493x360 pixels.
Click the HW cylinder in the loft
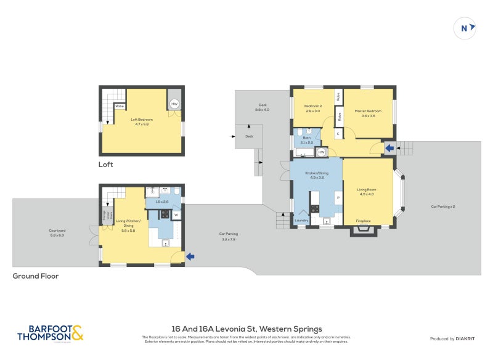[x=174, y=104]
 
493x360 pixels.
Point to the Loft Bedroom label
[x=141, y=121]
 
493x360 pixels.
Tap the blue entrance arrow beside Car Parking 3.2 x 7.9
[x=191, y=256]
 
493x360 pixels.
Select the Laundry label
[x=301, y=220]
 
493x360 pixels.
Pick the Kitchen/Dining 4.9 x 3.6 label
[x=317, y=175]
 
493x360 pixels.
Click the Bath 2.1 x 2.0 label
[x=306, y=140]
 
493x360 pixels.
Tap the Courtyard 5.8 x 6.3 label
[x=58, y=233]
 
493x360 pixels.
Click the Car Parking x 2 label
[x=442, y=207]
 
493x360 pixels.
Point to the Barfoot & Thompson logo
[x=50, y=333]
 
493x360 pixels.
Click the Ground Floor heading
[x=36, y=276]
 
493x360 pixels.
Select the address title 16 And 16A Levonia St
[x=246, y=329]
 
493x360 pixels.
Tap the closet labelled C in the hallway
[x=338, y=134]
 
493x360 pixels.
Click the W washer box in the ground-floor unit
[x=176, y=215]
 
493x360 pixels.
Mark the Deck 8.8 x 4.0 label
[x=262, y=107]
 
